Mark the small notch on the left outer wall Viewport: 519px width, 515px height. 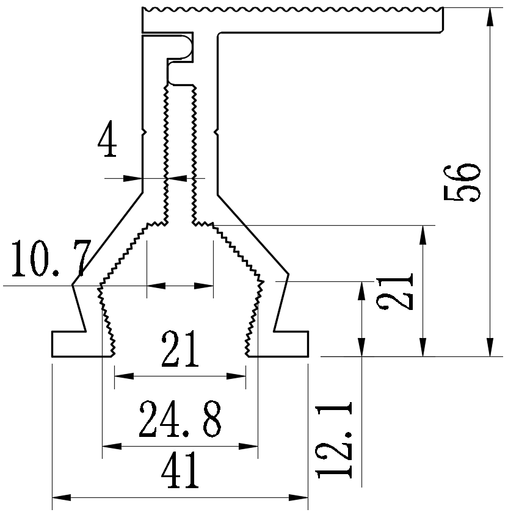pos(143,131)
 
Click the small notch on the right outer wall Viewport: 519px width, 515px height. pos(216,131)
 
